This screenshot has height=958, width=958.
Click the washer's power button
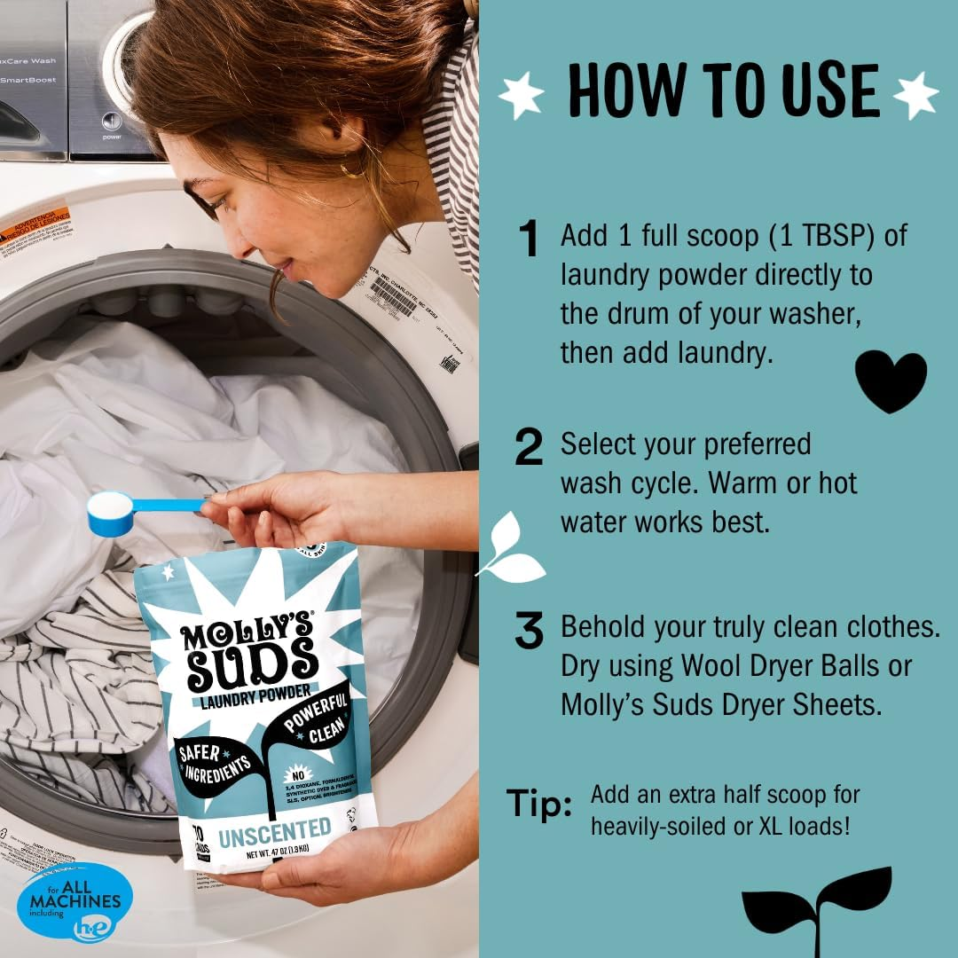click(x=112, y=122)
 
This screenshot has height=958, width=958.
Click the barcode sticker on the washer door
click(x=393, y=296)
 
